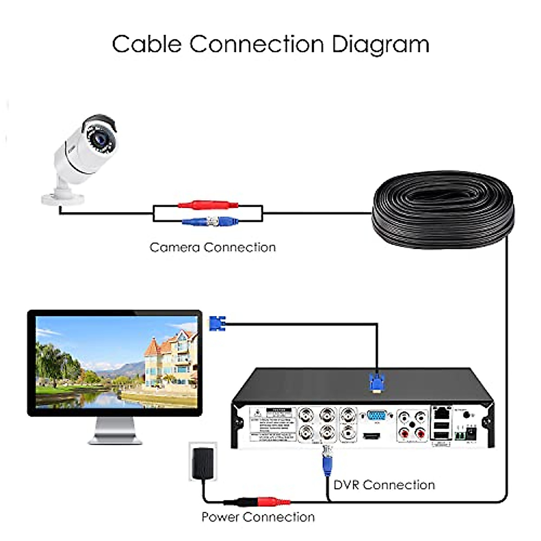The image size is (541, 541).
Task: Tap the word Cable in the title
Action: click(x=147, y=44)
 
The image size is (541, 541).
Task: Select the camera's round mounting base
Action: click(x=63, y=197)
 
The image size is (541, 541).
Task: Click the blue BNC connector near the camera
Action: click(x=212, y=221)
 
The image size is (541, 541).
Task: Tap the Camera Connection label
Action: click(x=212, y=248)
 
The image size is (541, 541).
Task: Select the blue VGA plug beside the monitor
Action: click(x=216, y=323)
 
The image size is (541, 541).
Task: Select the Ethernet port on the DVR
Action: click(x=441, y=412)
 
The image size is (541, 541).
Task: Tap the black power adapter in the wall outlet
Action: click(x=202, y=464)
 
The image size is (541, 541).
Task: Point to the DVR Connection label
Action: click(x=384, y=485)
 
